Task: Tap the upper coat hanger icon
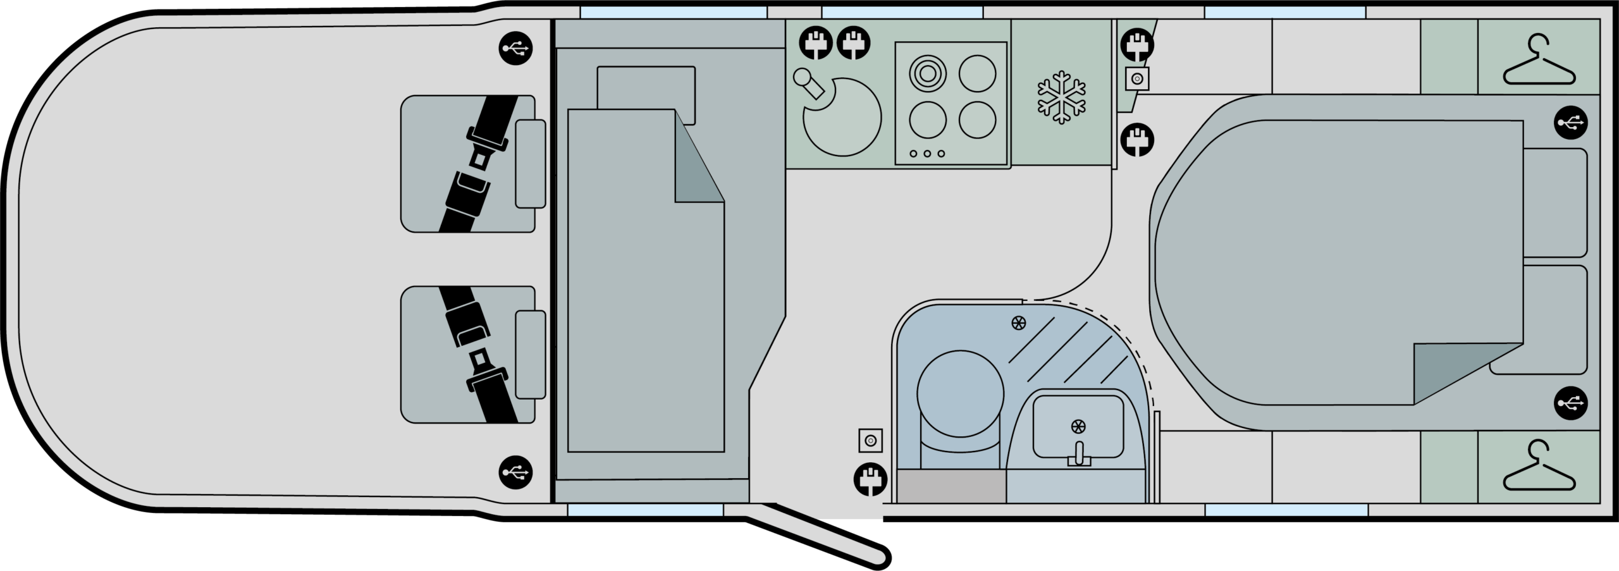pos(1539,61)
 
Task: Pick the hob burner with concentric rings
pos(928,73)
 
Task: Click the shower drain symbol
pos(1018,323)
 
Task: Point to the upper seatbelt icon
pos(479,163)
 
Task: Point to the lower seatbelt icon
pos(479,354)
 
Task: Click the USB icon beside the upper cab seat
pos(515,48)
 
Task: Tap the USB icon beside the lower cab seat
pos(515,472)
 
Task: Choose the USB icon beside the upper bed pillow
pos(1571,122)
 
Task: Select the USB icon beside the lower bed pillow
pos(1571,402)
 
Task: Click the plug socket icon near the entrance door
pos(870,479)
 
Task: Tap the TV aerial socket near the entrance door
pos(870,440)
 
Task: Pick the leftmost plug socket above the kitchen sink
pos(816,43)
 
